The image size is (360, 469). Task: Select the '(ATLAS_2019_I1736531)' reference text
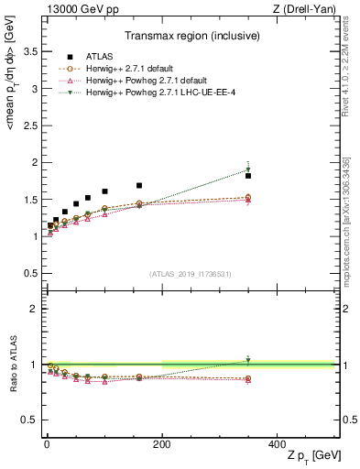[191, 274]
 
